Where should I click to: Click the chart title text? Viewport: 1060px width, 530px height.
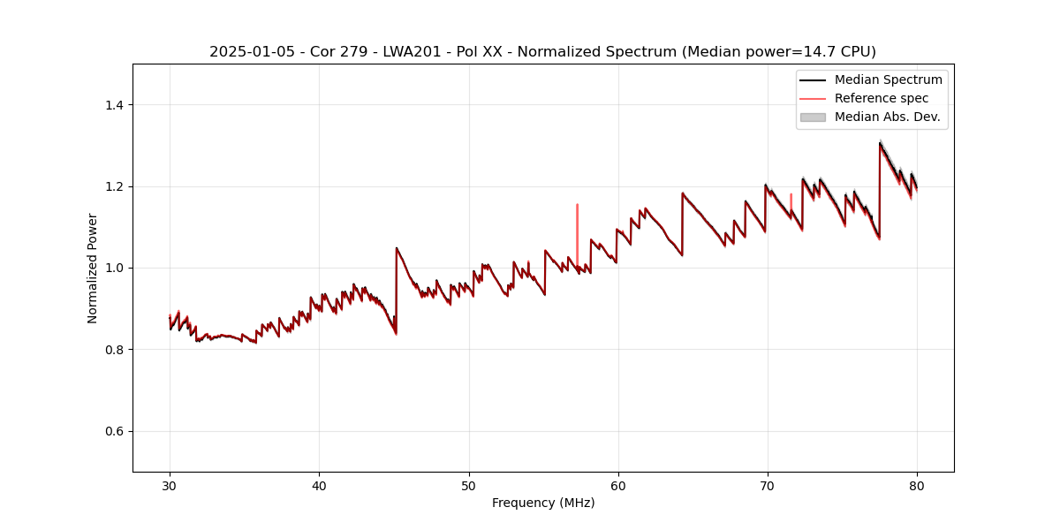point(542,51)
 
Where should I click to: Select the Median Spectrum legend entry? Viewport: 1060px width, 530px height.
point(888,79)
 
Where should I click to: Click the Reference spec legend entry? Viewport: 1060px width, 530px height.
point(881,98)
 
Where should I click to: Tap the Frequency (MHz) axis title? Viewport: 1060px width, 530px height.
point(543,503)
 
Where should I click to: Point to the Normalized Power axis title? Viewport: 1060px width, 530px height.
point(93,268)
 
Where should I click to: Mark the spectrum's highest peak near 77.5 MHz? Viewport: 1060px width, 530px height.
point(880,143)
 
